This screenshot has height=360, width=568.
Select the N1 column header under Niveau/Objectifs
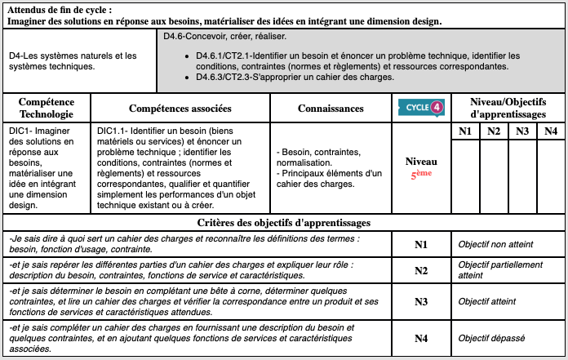pyautogui.click(x=464, y=131)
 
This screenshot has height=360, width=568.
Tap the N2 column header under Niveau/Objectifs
pyautogui.click(x=494, y=131)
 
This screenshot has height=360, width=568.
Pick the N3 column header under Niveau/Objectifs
pyautogui.click(x=522, y=131)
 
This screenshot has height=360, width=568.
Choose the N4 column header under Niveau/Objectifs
pyautogui.click(x=551, y=131)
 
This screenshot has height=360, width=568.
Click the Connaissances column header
pyautogui.click(x=331, y=109)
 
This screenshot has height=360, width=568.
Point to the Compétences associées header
pyautogui.click(x=180, y=109)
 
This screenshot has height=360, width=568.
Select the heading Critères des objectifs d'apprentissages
pyautogui.click(x=284, y=222)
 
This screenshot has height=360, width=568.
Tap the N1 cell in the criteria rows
pyautogui.click(x=421, y=243)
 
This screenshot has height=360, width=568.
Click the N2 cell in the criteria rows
pyautogui.click(x=421, y=271)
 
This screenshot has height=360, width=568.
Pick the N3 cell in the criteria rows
pyautogui.click(x=421, y=301)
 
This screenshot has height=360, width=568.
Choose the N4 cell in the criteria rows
pyautogui.click(x=421, y=338)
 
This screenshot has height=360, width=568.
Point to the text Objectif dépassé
pyautogui.click(x=491, y=338)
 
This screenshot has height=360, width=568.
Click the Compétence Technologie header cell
pyautogui.click(x=47, y=109)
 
